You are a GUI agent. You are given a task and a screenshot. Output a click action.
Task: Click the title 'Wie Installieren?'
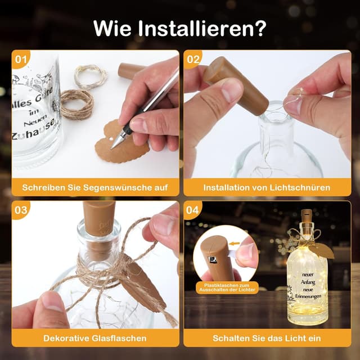[180, 26]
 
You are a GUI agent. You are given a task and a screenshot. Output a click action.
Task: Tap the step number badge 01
[21, 58]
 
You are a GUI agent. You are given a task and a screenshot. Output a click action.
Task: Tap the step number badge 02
[193, 58]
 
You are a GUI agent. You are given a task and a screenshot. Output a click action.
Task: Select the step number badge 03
[21, 210]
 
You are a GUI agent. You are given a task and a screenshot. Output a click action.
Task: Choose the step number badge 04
[193, 210]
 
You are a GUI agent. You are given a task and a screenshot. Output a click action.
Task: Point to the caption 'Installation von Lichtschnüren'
[267, 187]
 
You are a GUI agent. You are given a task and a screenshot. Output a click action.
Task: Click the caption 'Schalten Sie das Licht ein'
[267, 338]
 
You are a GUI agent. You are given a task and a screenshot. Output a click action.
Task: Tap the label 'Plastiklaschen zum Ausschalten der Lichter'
[226, 287]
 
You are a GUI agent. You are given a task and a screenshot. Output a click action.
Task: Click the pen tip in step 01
[114, 147]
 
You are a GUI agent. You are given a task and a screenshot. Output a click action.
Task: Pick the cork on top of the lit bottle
[307, 215]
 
